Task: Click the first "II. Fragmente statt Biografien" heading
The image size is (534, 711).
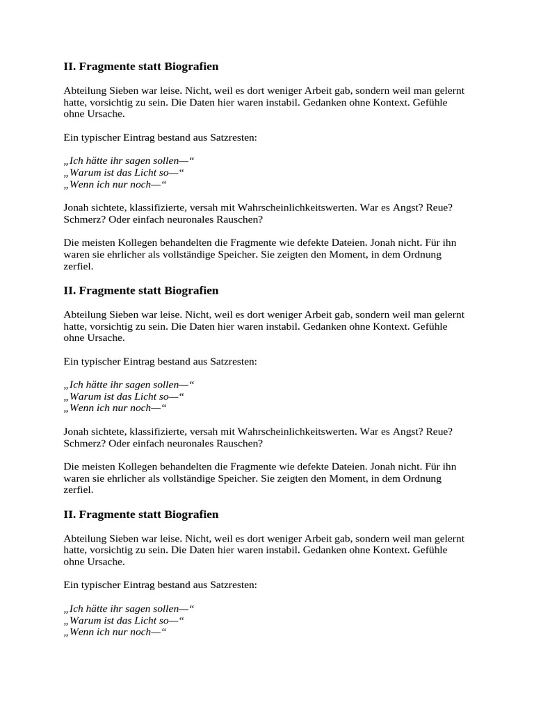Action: pos(140,67)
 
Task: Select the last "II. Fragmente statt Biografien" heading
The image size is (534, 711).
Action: pos(140,515)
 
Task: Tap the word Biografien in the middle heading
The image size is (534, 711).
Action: pos(192,290)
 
